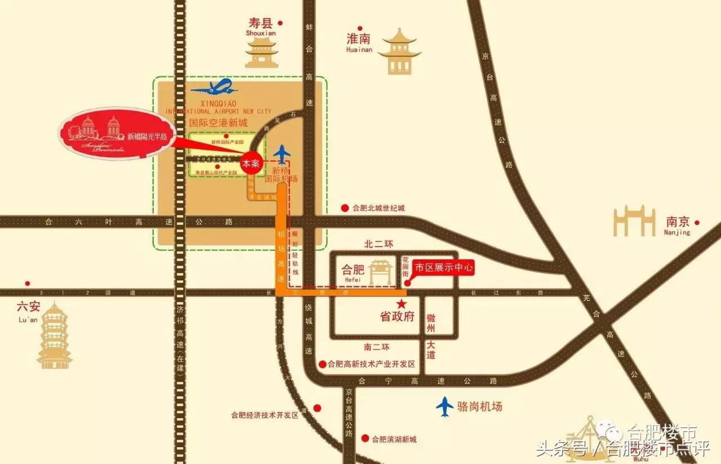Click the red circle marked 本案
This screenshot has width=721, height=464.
click(252, 163)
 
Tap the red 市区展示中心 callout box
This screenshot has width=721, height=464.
click(443, 268)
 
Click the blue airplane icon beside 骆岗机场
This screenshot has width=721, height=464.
click(445, 407)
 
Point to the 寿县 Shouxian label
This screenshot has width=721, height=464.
click(260, 26)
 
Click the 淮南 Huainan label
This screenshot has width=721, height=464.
click(359, 42)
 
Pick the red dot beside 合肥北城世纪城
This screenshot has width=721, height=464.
click(345, 208)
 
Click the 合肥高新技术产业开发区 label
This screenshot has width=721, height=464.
click(371, 364)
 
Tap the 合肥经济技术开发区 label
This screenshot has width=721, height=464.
click(264, 415)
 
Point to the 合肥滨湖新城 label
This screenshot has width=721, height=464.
click(394, 439)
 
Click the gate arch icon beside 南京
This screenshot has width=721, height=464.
click(634, 222)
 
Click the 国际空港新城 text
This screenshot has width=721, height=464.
click(218, 121)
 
